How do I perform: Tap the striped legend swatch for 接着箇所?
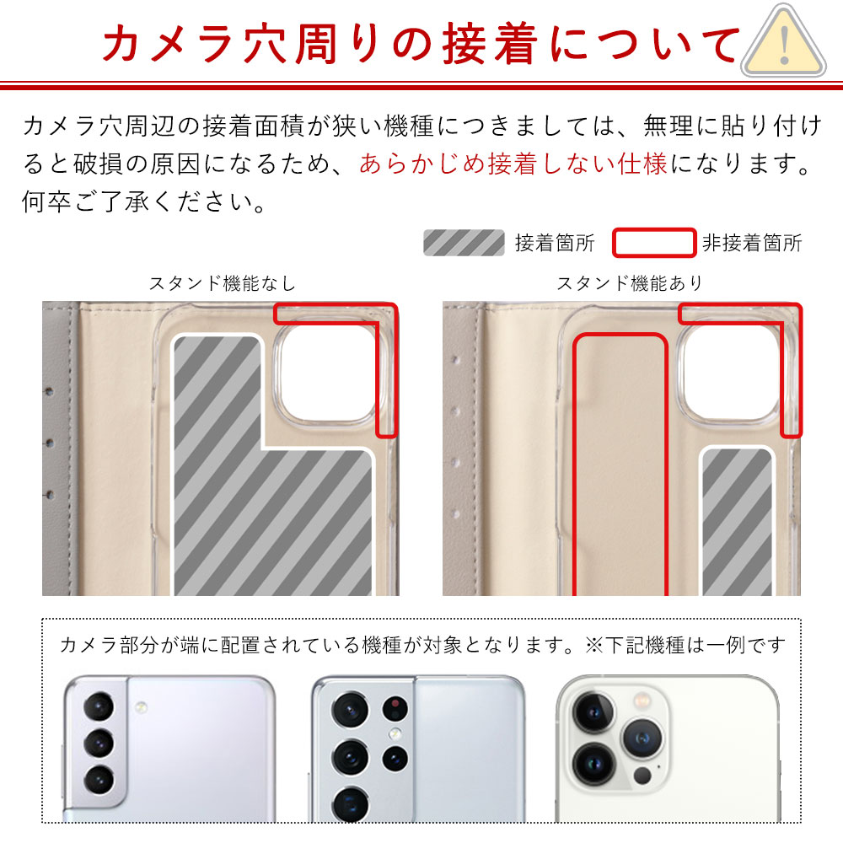click(463, 243)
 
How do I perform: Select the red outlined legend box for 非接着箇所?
click(653, 243)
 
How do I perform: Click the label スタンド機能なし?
click(223, 283)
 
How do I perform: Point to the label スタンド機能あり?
click(629, 283)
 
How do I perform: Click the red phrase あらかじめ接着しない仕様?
click(513, 164)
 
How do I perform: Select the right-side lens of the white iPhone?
click(642, 738)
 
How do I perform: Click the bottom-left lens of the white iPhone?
click(593, 763)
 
